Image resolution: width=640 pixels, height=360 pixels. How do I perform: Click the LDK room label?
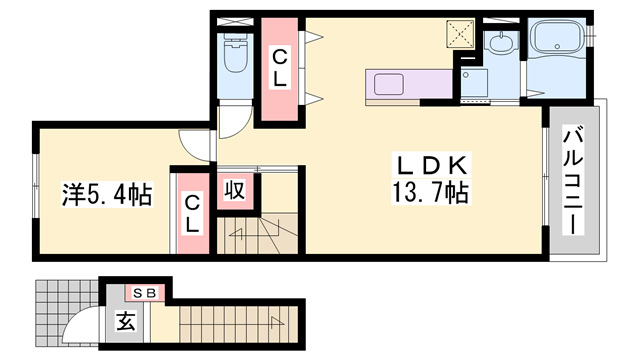[431, 166]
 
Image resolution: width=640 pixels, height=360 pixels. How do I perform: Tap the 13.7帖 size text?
[430, 192]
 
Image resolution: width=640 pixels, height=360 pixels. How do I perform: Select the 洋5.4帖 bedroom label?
[107, 195]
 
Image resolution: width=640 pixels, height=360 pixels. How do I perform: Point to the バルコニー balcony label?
[573, 180]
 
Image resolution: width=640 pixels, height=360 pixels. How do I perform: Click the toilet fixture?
[236, 51]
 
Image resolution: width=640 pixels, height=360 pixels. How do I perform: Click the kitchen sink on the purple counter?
[389, 84]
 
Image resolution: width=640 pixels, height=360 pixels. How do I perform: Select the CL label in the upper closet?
[280, 69]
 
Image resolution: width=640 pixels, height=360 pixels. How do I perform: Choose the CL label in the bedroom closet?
[192, 214]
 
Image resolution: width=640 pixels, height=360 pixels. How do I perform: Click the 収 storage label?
[236, 190]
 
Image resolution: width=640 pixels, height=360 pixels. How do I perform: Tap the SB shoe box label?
[145, 293]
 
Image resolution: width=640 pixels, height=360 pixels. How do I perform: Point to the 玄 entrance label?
[126, 321]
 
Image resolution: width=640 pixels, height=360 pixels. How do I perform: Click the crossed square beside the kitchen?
[460, 33]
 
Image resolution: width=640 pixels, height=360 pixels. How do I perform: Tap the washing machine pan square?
[474, 83]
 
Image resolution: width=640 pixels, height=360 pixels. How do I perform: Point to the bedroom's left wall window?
[36, 187]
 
